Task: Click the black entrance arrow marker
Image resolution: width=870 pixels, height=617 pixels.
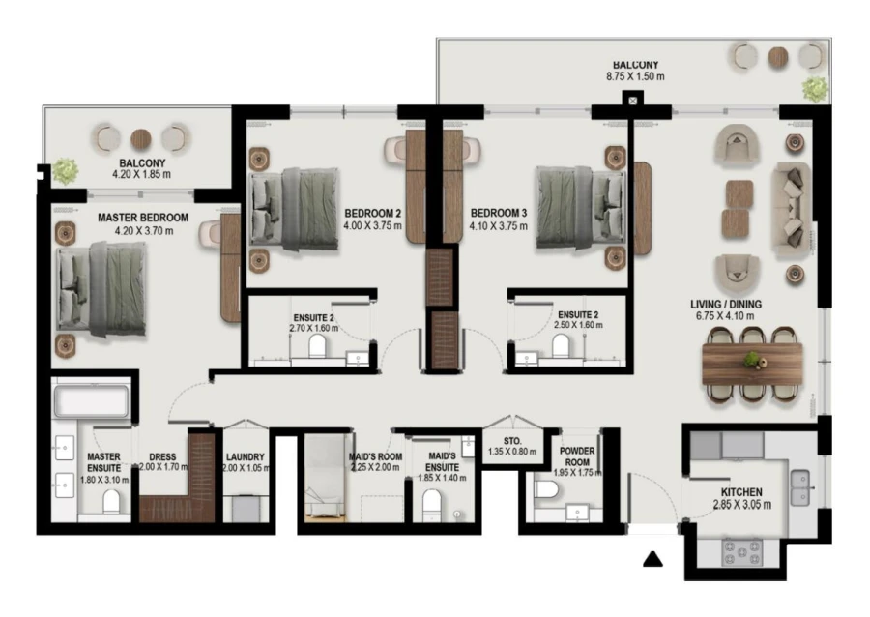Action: click(653, 559)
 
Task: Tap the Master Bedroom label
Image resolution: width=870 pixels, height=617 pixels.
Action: click(143, 219)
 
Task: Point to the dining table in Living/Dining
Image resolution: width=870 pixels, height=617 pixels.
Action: click(752, 365)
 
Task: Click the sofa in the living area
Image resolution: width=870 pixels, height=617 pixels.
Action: click(790, 204)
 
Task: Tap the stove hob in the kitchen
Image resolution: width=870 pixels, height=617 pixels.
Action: click(741, 552)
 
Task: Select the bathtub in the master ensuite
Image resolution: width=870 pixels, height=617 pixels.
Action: click(90, 400)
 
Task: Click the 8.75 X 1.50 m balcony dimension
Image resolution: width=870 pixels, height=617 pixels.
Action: click(634, 76)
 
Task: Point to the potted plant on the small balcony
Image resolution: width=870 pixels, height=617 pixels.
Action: click(66, 170)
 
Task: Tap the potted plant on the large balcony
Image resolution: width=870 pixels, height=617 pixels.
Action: click(814, 89)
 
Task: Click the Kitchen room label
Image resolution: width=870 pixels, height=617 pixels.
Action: click(739, 491)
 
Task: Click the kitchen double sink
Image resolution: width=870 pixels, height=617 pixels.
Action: click(800, 486)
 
